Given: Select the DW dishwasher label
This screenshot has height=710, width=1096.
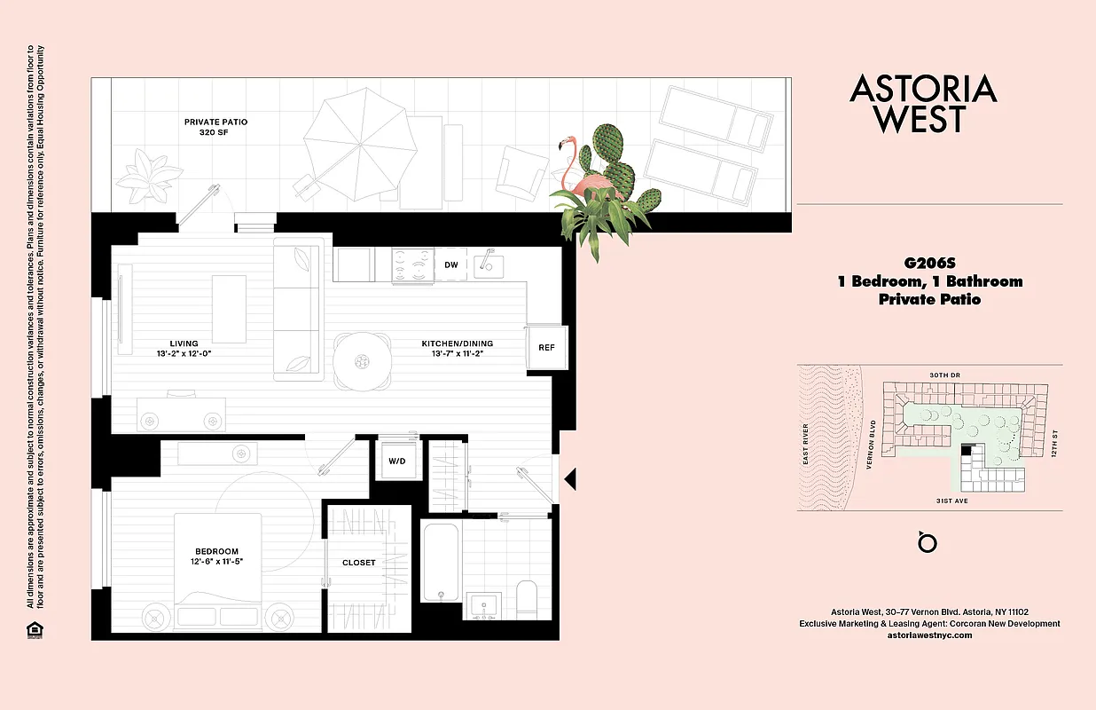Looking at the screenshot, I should pyautogui.click(x=451, y=264).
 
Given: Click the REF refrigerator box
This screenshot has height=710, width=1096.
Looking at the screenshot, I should pyautogui.click(x=546, y=346).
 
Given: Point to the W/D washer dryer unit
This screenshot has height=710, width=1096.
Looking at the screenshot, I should pyautogui.click(x=395, y=461).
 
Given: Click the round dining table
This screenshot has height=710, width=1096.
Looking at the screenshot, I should pyautogui.click(x=362, y=361).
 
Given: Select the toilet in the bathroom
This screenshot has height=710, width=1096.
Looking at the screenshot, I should pyautogui.click(x=527, y=598).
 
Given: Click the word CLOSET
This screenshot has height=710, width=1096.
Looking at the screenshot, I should pyautogui.click(x=359, y=563).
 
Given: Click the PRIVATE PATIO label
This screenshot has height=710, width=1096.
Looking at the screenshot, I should pyautogui.click(x=215, y=122).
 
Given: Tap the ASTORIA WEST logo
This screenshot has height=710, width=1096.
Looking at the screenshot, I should pyautogui.click(x=923, y=104).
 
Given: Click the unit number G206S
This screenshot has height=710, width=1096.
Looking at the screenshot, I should pyautogui.click(x=929, y=263).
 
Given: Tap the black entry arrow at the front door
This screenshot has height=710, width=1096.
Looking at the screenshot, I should pyautogui.click(x=571, y=479).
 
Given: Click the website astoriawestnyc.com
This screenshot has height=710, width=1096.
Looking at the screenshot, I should pyautogui.click(x=929, y=635).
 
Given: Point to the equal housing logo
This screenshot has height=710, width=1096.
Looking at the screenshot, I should pyautogui.click(x=34, y=630).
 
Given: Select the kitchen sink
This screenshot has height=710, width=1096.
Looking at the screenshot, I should pyautogui.click(x=487, y=264).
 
